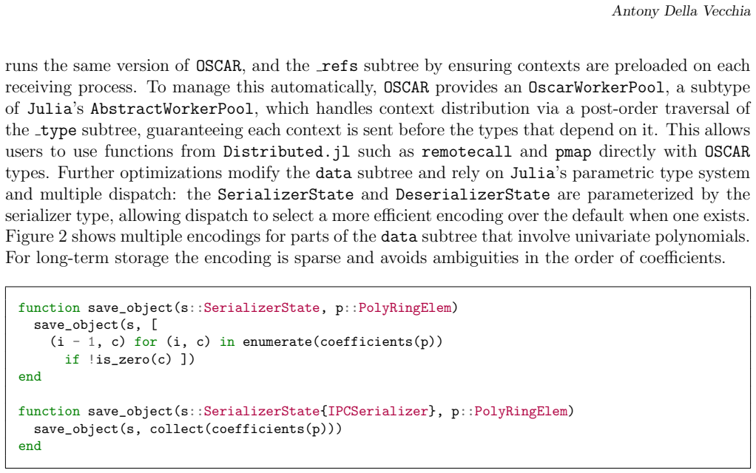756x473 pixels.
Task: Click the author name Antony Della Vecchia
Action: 681,11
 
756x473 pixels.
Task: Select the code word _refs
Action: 337,66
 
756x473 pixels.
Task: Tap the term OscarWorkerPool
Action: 596,87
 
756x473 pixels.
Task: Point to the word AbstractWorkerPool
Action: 172,109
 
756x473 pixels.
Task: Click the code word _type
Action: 54,130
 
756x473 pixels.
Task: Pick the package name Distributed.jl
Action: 286,152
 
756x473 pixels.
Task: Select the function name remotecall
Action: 466,152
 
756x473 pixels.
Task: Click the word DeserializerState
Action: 473,194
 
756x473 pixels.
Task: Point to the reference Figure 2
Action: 37,237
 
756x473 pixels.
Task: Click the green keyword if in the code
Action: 72,359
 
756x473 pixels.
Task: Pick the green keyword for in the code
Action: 146,342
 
